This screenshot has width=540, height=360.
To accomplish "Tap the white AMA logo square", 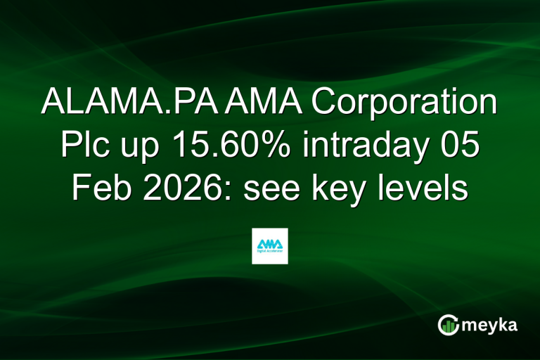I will (270, 246).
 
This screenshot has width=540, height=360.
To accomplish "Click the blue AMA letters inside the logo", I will (270, 243).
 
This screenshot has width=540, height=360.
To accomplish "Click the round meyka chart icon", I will (447, 324).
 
